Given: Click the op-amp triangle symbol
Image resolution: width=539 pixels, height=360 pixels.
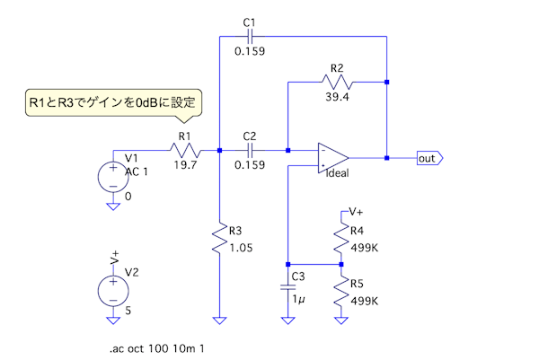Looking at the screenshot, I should point(331,157).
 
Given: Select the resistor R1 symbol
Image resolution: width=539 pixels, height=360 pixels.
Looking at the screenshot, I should point(185,151).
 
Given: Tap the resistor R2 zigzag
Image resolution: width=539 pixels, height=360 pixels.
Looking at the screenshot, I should point(337,82).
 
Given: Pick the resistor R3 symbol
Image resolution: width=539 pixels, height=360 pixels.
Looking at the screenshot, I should point(219,240).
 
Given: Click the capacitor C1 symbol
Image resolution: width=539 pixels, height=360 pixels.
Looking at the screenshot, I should point(251,36).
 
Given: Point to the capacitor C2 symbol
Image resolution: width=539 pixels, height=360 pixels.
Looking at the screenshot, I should point(251,151).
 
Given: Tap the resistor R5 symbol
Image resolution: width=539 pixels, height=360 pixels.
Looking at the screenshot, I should point(341,290).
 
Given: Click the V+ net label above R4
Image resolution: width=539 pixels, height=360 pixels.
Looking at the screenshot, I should point(356,212).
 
